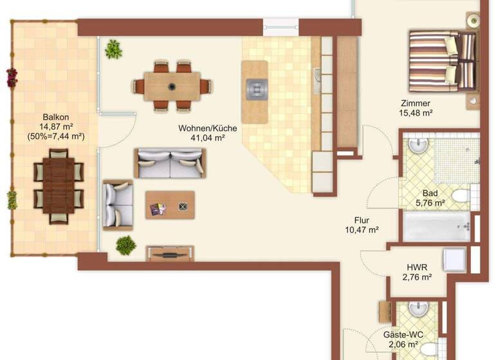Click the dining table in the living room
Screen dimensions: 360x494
click(x=172, y=85)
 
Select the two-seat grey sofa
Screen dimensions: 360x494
click(x=170, y=163)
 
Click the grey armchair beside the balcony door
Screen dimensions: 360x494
click(x=118, y=204)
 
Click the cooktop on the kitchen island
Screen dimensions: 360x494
click(x=255, y=87)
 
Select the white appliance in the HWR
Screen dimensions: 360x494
click(x=454, y=260)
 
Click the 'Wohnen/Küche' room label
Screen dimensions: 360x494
click(x=208, y=129)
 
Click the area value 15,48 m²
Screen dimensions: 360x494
click(x=415, y=113)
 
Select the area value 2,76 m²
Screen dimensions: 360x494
click(x=417, y=277)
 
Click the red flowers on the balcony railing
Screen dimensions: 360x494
click(x=12, y=77)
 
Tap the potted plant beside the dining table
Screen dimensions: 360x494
click(x=114, y=49)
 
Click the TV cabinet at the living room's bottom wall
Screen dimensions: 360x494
click(x=170, y=253)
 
